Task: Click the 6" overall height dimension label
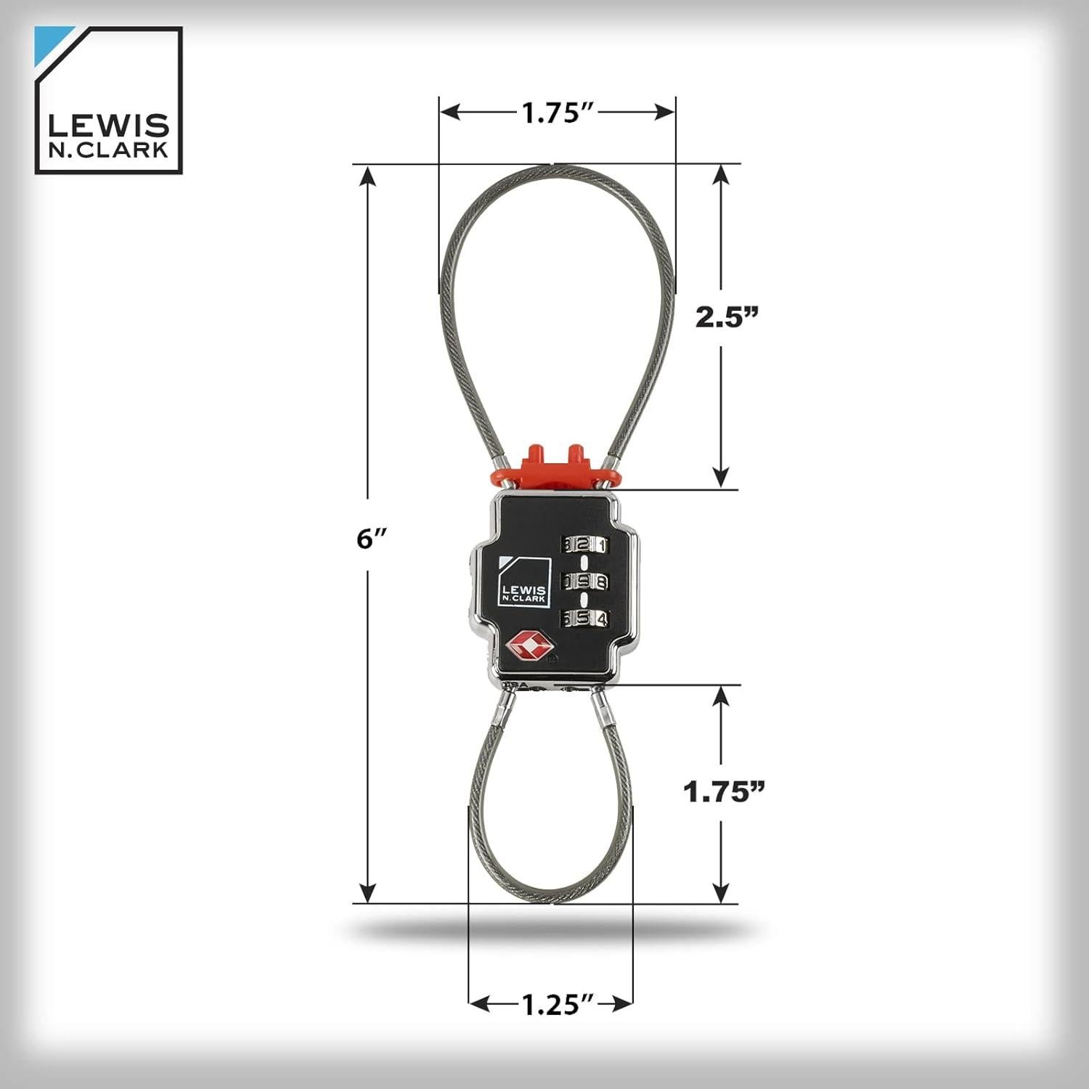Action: pos(375,538)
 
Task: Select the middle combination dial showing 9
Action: pos(582,581)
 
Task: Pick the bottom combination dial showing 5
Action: pos(582,619)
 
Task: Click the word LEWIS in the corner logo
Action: pos(108,126)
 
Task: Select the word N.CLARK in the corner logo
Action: pos(108,150)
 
